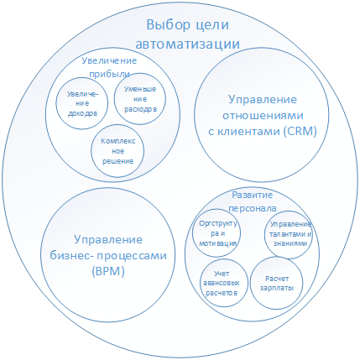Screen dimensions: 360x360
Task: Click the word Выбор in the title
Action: [169, 25]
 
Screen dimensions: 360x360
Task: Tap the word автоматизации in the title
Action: [188, 44]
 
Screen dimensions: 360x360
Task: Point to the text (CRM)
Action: [300, 131]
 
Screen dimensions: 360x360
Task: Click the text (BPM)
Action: [108, 271]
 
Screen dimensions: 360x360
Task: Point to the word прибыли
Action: [109, 74]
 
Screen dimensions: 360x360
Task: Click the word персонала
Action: [253, 208]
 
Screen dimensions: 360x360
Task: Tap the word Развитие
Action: [253, 195]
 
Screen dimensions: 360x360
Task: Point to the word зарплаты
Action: [277, 288]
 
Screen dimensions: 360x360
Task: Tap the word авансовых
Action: [222, 283]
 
